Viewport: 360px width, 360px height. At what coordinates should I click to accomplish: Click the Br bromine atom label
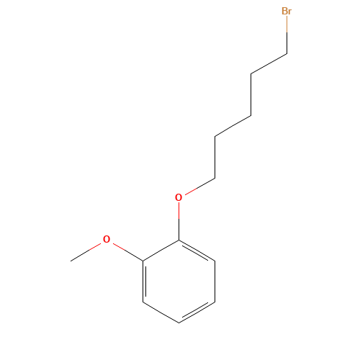[287, 12]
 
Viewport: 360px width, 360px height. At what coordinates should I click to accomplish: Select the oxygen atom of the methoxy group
[107, 239]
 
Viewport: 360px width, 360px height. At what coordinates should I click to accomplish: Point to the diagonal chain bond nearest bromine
[269, 63]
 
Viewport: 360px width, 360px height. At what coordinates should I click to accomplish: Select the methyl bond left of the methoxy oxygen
[86, 251]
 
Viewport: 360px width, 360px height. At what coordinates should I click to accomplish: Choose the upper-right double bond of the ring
[197, 250]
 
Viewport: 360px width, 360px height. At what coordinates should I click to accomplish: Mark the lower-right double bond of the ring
[197, 312]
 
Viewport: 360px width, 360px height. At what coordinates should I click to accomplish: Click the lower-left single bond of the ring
[161, 312]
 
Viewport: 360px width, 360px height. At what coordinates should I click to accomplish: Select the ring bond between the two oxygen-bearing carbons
[161, 250]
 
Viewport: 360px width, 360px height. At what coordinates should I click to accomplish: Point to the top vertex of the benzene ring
[179, 240]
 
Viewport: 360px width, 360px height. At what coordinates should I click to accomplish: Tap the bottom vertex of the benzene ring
[179, 323]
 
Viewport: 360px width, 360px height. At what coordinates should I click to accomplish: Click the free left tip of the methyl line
[71, 260]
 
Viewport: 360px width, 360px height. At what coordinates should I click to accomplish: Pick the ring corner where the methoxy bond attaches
[143, 260]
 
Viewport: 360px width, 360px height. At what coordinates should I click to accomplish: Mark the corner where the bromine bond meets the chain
[287, 53]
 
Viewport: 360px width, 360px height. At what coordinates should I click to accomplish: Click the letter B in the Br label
[284, 12]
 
